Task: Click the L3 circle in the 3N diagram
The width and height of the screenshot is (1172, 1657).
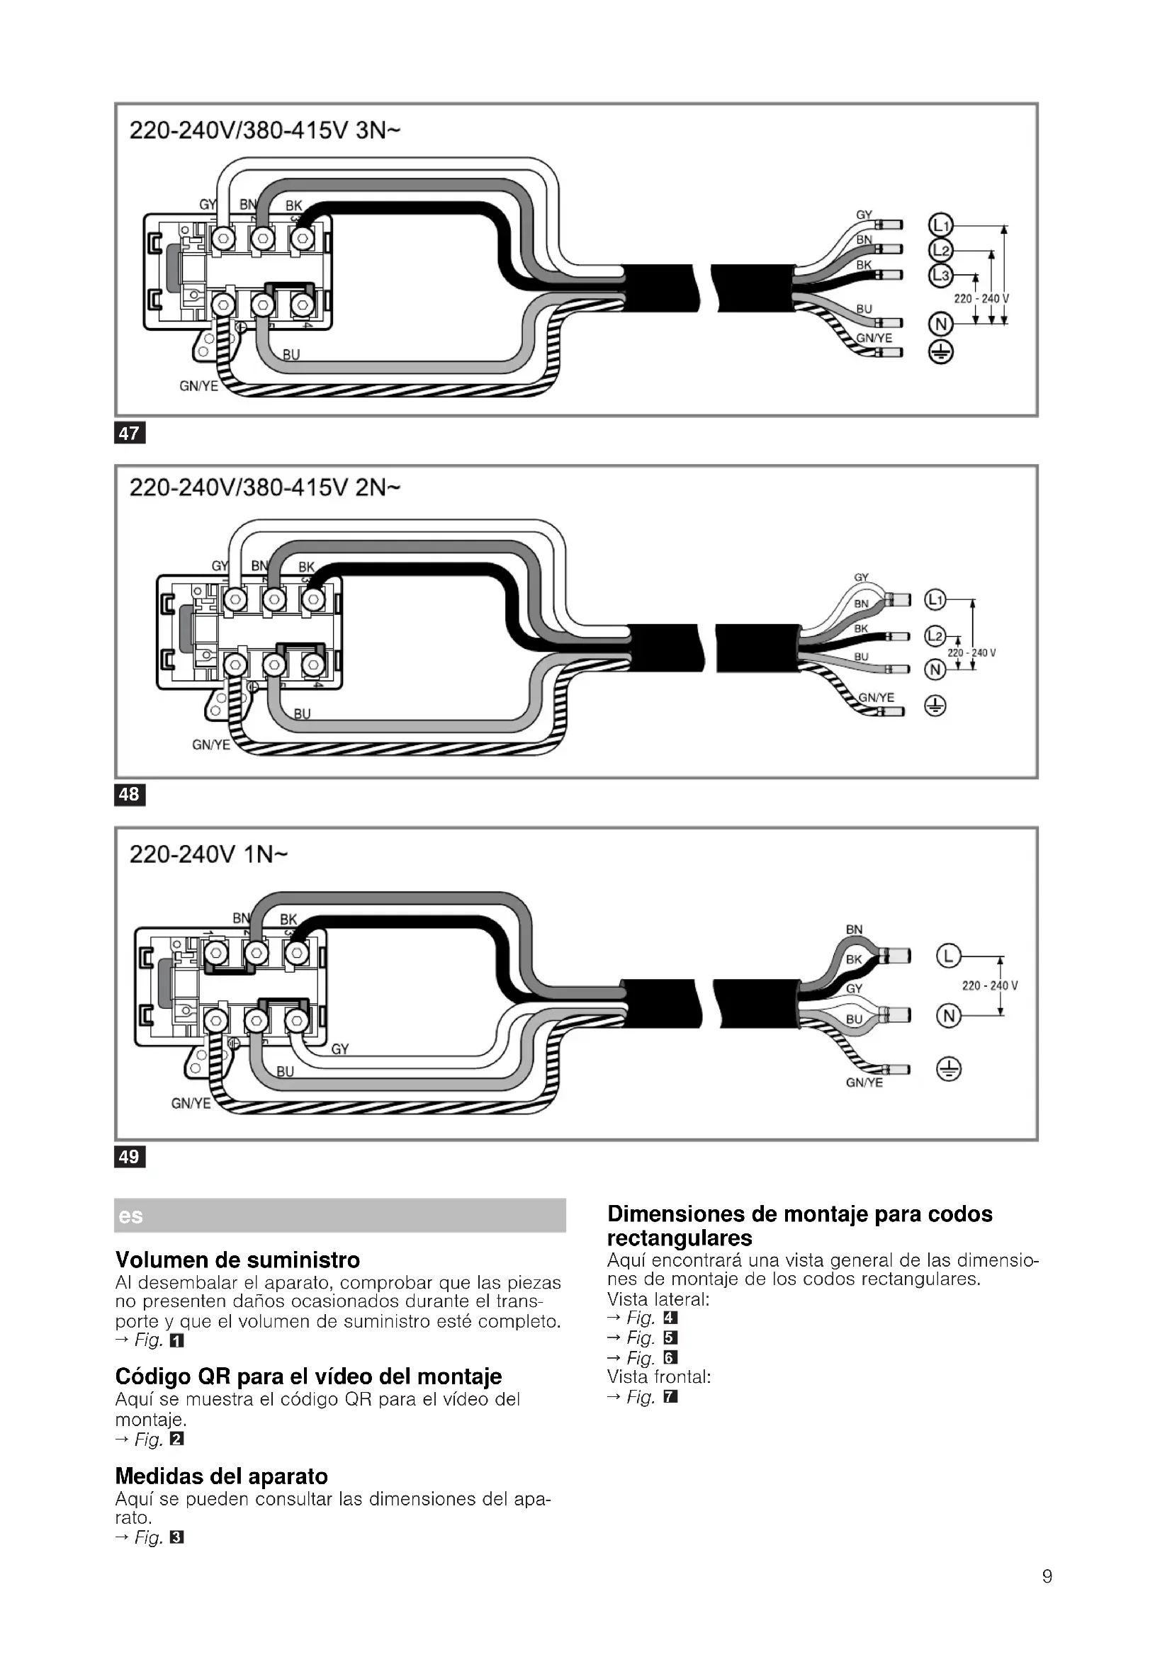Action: [x=940, y=275]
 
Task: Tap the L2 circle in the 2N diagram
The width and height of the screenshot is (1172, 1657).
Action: [x=935, y=635]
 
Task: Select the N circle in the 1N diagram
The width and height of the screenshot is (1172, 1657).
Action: [x=949, y=1016]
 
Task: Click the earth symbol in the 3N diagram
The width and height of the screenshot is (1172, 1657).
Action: [x=940, y=352]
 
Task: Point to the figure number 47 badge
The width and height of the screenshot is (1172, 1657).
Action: [x=130, y=433]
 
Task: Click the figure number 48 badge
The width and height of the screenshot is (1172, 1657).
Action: [x=130, y=795]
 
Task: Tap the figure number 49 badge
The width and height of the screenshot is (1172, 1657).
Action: [x=130, y=1157]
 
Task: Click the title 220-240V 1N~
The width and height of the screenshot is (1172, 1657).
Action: [x=208, y=854]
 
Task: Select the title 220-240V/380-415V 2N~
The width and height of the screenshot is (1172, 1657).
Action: [x=265, y=488]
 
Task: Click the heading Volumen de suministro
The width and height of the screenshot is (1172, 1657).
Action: [x=237, y=1260]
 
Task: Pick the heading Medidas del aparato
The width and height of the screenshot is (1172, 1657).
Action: [x=222, y=1475]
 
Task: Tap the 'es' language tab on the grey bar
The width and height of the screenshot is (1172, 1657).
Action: [x=130, y=1216]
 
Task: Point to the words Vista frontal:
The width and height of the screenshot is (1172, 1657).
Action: [x=659, y=1377]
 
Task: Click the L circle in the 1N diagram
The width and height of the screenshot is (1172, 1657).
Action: [x=949, y=957]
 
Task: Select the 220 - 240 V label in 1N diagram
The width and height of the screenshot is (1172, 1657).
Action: [x=989, y=986]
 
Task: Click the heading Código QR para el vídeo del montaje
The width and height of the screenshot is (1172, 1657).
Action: [x=308, y=1377]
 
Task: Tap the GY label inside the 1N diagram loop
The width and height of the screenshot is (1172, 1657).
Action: [x=340, y=1049]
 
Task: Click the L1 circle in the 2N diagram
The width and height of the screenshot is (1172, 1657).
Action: [x=935, y=599]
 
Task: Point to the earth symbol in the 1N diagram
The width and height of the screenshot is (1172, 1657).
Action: [x=949, y=1069]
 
